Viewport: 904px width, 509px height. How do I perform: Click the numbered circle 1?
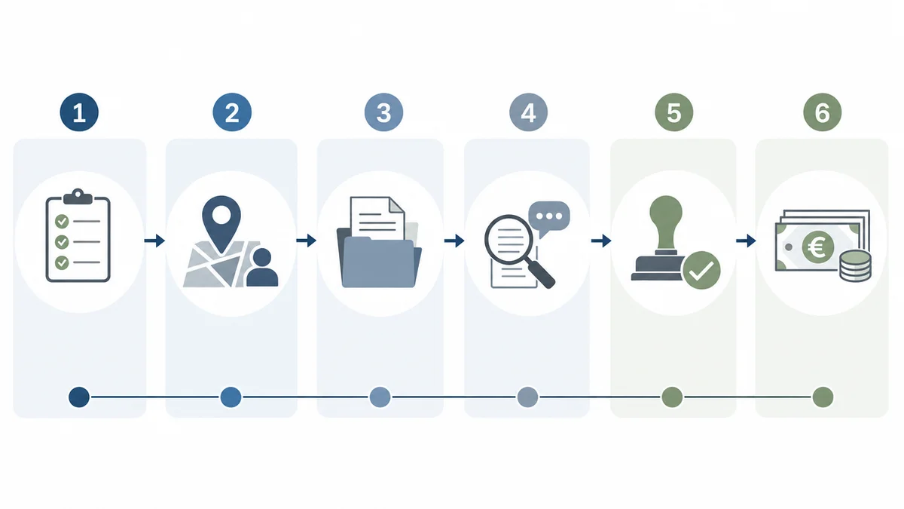click(79, 112)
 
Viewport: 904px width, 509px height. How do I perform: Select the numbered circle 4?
click(528, 112)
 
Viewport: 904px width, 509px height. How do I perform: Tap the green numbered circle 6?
click(823, 112)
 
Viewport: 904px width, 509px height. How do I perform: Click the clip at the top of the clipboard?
click(78, 196)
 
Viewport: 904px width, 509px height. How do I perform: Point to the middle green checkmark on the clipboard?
click(62, 241)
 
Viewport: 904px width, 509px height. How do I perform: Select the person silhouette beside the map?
click(262, 268)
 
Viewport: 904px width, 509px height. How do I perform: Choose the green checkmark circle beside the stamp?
click(701, 270)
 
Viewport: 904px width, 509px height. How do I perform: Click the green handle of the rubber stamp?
click(666, 223)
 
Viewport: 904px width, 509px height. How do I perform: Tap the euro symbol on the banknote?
click(818, 247)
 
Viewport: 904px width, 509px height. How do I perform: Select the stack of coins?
click(855, 265)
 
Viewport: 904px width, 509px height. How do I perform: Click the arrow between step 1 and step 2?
click(154, 241)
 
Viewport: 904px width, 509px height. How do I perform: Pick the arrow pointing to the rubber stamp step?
click(601, 241)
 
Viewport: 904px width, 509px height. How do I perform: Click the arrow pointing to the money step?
click(746, 241)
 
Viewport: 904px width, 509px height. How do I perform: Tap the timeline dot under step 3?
click(380, 397)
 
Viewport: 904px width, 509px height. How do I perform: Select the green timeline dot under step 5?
click(672, 397)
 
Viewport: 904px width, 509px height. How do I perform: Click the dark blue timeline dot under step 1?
click(79, 397)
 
